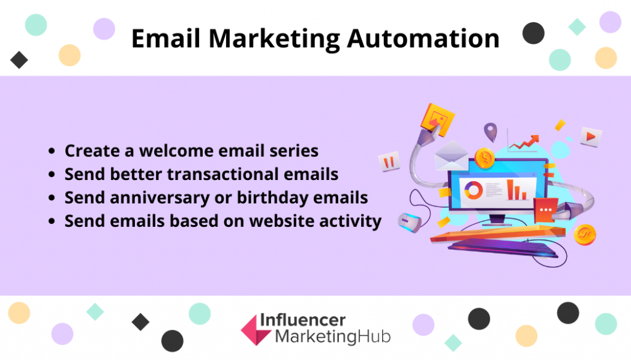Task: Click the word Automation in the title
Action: pyautogui.click(x=423, y=39)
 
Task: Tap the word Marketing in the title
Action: pyautogui.click(x=274, y=39)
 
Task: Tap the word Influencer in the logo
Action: pyautogui.click(x=303, y=320)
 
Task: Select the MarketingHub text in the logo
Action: pyautogui.click(x=333, y=337)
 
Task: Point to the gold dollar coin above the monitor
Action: pyautogui.click(x=484, y=158)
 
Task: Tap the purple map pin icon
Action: pyautogui.click(x=490, y=132)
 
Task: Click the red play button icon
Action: pyautogui.click(x=591, y=136)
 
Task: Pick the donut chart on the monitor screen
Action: pyautogui.click(x=474, y=190)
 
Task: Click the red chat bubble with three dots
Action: pyautogui.click(x=545, y=210)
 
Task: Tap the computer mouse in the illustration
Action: pyautogui.click(x=409, y=222)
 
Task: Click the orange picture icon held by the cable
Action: pyautogui.click(x=438, y=119)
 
